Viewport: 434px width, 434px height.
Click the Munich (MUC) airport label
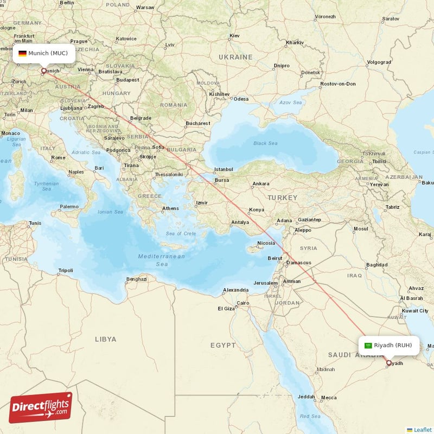click(x=48, y=53)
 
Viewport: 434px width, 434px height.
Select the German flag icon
click(x=22, y=53)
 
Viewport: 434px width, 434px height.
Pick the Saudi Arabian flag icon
click(x=368, y=345)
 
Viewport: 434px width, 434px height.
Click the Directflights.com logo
click(x=41, y=407)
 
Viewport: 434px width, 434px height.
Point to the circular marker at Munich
click(x=44, y=70)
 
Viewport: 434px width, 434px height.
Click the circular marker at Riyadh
click(x=388, y=362)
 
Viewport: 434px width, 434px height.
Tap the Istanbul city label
click(x=223, y=169)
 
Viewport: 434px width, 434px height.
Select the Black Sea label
click(x=265, y=143)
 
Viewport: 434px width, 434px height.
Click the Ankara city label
click(x=260, y=184)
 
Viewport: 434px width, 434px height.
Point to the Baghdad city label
click(x=376, y=265)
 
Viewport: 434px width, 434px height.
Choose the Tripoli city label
click(x=66, y=270)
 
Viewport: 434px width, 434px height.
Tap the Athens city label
click(x=170, y=208)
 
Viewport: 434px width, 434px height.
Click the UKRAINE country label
click(x=235, y=57)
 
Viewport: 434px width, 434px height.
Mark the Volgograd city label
click(x=378, y=62)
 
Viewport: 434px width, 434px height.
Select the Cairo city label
click(x=242, y=303)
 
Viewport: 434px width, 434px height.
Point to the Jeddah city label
click(x=306, y=397)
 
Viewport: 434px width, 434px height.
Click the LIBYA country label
click(x=105, y=339)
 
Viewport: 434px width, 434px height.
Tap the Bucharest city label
click(x=197, y=123)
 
